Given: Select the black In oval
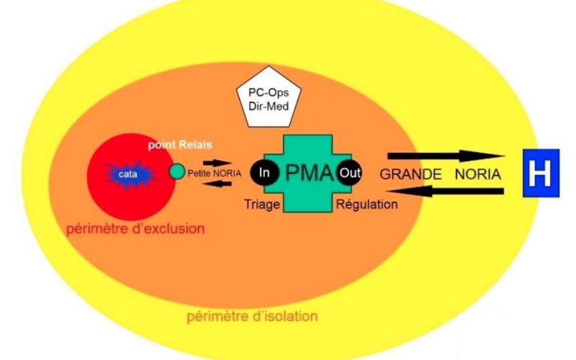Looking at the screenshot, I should pos(264,172).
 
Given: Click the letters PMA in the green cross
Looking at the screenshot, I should pos(308,173).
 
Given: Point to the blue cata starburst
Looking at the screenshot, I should pos(128,175).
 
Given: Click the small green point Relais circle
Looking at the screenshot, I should pos(177,172).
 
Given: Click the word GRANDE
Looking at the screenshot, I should pos(409,175).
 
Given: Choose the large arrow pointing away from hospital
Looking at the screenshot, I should pos(443,192).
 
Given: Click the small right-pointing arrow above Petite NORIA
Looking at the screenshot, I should pos(217,163).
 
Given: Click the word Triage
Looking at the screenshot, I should pos(263,204).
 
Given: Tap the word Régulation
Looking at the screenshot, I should pos(366,204).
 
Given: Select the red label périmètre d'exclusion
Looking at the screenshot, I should pos(135,230).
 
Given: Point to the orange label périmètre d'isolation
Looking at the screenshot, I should pos(252,317).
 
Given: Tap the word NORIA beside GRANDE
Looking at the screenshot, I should pos(477,175).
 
